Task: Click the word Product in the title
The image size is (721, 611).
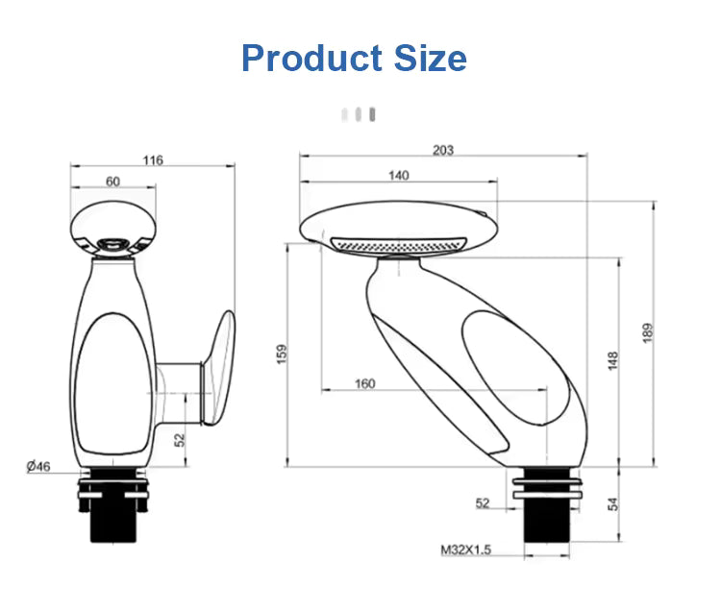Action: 311,59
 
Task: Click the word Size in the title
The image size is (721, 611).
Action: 431,59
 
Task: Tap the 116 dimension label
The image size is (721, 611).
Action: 153,160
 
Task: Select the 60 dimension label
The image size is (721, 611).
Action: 112,182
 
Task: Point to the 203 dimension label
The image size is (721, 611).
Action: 443,150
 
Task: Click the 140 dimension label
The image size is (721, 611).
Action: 399,176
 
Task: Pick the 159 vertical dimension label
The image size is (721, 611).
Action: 282,354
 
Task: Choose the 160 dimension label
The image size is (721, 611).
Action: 364,383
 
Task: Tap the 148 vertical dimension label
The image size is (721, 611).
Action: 613,360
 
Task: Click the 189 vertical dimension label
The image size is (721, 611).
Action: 647,332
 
